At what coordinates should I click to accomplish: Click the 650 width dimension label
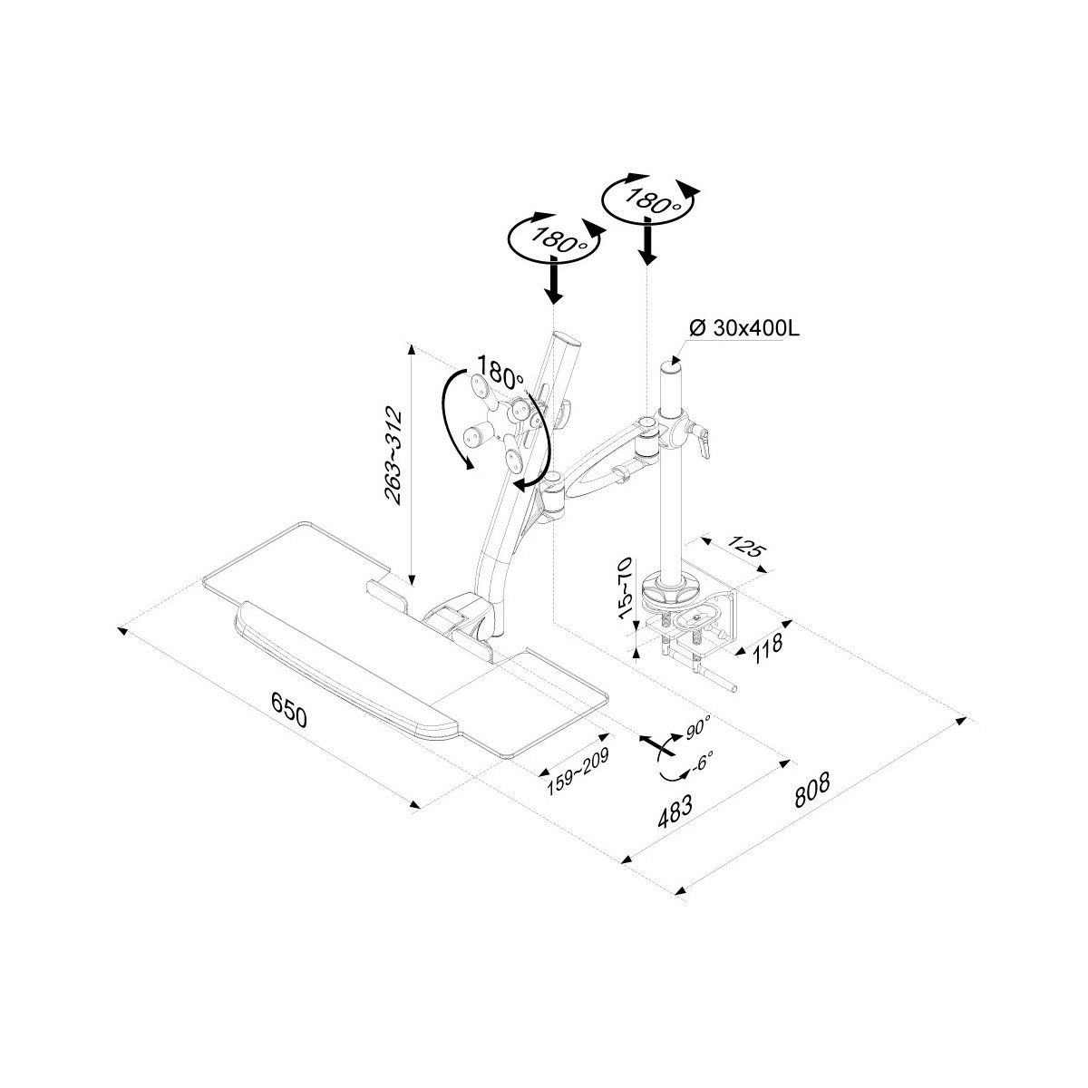(289, 710)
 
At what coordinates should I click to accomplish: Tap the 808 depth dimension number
(812, 790)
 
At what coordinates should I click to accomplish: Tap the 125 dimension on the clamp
(745, 546)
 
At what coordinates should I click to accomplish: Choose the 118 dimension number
(767, 650)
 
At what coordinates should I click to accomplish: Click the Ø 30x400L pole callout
(744, 328)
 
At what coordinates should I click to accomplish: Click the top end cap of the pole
(672, 366)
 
